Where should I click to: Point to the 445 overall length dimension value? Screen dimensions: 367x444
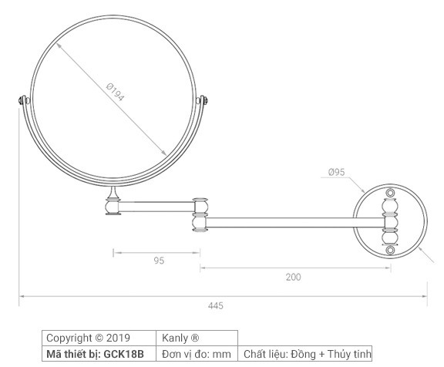pyautogui.click(x=216, y=306)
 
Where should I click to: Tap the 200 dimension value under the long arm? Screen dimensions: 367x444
pyautogui.click(x=293, y=277)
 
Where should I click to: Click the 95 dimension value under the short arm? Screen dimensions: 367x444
pyautogui.click(x=159, y=261)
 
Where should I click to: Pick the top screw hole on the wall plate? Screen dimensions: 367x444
pyautogui.click(x=389, y=191)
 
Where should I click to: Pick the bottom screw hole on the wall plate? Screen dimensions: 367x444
pyautogui.click(x=389, y=250)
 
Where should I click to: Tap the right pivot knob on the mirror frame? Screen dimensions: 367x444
pyautogui.click(x=204, y=100)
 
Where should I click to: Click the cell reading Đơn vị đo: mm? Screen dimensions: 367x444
pyautogui.click(x=198, y=354)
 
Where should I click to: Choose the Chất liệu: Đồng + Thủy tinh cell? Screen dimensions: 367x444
pyautogui.click(x=307, y=354)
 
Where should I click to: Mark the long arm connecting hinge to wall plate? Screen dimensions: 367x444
pyautogui.click(x=293, y=223)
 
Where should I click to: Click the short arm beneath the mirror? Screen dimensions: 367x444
pyautogui.click(x=158, y=205)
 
